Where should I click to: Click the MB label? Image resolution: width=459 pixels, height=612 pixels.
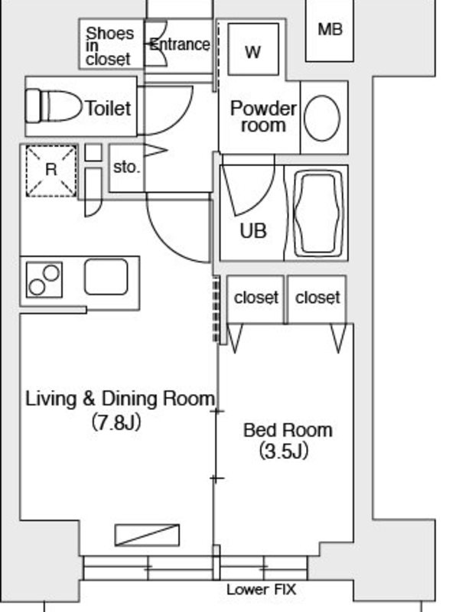pos(330,30)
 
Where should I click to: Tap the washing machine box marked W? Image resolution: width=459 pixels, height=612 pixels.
pos(253,49)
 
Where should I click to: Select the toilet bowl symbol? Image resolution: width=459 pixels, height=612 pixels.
pos(54,106)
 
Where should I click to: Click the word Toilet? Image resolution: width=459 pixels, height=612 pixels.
pos(108,109)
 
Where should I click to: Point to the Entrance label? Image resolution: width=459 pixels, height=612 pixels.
pos(180,44)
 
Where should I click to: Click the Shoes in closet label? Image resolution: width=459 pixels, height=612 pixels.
pos(109,46)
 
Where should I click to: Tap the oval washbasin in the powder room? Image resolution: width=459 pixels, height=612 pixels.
pos(321,118)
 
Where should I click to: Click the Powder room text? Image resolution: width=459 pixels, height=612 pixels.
pos(263,116)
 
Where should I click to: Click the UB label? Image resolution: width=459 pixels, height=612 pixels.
pos(253,231)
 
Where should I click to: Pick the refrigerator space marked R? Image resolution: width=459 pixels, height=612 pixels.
pos(51,171)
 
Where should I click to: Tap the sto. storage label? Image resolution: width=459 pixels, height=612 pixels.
pos(126,167)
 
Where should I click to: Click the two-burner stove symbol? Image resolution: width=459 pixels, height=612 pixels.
pos(44,280)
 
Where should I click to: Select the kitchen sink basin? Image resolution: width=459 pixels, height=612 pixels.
pos(106,277)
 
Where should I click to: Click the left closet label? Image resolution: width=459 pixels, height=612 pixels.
pos(256,298)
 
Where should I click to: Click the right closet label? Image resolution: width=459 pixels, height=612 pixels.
pos(317,298)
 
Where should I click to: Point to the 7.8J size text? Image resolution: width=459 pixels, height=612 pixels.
pos(116,422)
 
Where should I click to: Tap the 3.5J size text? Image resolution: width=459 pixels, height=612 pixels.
pos(284,451)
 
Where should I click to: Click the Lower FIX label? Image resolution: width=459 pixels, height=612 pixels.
pos(261,589)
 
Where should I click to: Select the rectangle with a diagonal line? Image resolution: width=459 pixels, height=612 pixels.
pos(147,535)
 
